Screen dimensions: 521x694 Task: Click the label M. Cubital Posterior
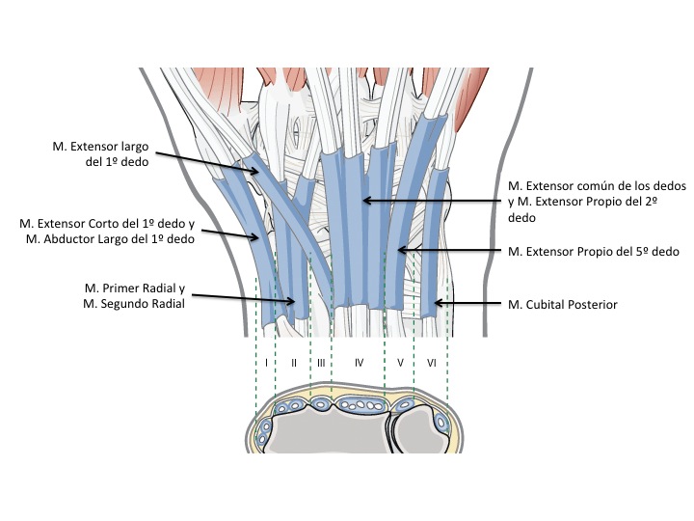(562, 305)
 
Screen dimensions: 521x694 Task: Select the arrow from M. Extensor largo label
(207, 162)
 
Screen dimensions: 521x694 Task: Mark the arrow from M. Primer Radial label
(241, 299)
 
